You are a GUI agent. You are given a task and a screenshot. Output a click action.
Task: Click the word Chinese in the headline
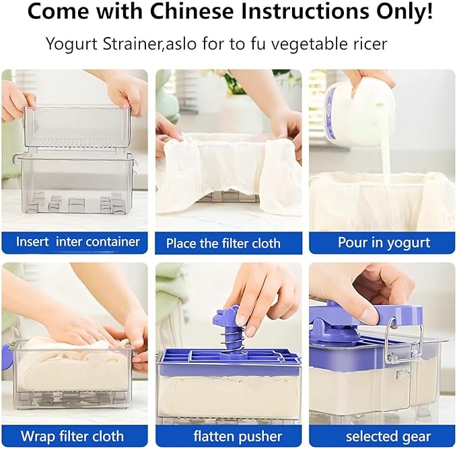click(192, 11)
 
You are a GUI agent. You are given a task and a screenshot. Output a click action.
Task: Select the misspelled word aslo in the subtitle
click(180, 44)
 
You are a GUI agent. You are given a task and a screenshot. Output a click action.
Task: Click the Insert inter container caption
click(78, 242)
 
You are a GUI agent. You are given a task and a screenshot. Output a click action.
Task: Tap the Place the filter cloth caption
click(223, 243)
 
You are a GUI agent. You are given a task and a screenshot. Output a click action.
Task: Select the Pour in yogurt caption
click(384, 243)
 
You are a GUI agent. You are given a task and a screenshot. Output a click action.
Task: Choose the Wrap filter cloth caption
click(72, 436)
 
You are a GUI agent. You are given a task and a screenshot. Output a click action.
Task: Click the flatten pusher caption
click(238, 436)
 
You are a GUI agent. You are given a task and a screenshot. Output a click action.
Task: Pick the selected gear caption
click(388, 437)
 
